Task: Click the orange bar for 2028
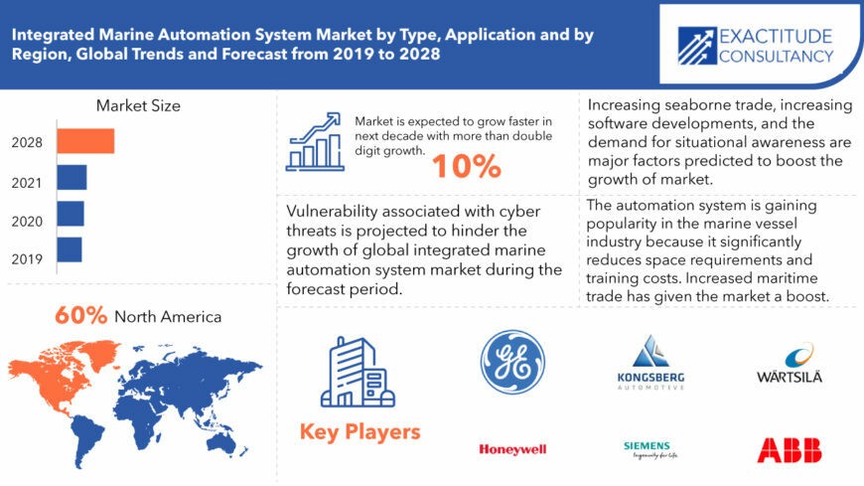(85, 141)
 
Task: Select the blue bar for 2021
(72, 178)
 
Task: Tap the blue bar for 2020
(71, 214)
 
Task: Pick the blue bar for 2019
(70, 249)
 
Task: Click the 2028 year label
(27, 142)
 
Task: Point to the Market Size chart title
(138, 105)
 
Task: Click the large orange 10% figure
(466, 166)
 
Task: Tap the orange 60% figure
(80, 316)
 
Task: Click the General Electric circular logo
(512, 363)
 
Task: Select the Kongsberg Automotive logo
(649, 363)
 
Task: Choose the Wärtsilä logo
(789, 365)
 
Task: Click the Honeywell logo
(512, 449)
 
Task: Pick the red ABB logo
(789, 449)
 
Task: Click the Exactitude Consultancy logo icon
(697, 46)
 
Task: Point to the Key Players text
(360, 432)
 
